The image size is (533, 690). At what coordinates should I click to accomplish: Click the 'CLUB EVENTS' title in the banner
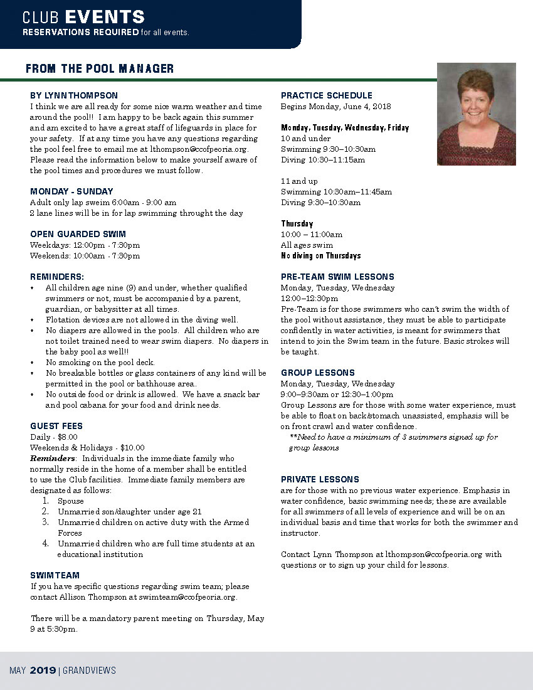83,17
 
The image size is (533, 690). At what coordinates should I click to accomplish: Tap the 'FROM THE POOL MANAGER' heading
100,69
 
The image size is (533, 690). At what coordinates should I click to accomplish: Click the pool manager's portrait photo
476,114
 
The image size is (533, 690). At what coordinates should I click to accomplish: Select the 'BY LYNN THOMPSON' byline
74,95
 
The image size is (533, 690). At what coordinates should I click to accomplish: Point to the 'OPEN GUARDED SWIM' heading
78,234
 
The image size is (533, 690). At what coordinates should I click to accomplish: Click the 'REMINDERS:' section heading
57,277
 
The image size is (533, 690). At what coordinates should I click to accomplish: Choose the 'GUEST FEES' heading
56,426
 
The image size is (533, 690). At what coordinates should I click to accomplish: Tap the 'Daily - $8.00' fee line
54,437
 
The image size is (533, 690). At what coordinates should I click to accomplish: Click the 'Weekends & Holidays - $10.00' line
87,447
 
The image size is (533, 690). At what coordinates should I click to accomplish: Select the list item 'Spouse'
70,501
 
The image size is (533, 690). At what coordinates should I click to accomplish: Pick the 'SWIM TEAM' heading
55,575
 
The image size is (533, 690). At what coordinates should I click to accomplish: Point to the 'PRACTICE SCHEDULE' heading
326,95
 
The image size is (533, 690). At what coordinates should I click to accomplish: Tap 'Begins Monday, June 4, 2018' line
335,106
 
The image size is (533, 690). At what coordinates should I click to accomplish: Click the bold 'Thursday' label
297,223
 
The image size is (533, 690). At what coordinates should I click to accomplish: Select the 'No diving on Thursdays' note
320,256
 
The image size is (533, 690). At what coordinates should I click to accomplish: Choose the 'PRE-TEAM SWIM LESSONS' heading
337,277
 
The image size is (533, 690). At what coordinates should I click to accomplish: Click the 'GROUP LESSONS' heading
318,373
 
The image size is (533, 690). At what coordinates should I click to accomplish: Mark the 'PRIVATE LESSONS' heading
320,479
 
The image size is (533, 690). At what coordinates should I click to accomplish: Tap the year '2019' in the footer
43,671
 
